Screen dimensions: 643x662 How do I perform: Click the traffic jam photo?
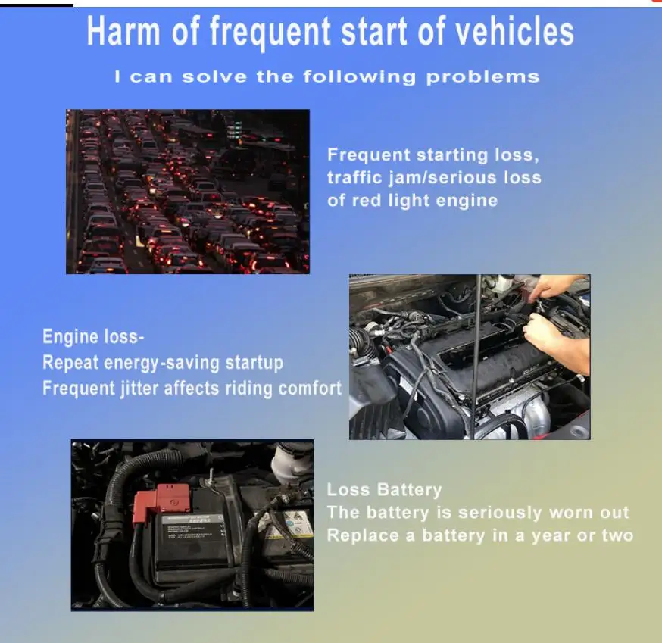click(188, 191)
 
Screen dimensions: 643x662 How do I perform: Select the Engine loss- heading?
click(93, 337)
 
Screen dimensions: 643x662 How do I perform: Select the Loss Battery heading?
click(384, 490)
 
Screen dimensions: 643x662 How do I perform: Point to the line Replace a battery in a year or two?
click(480, 535)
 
